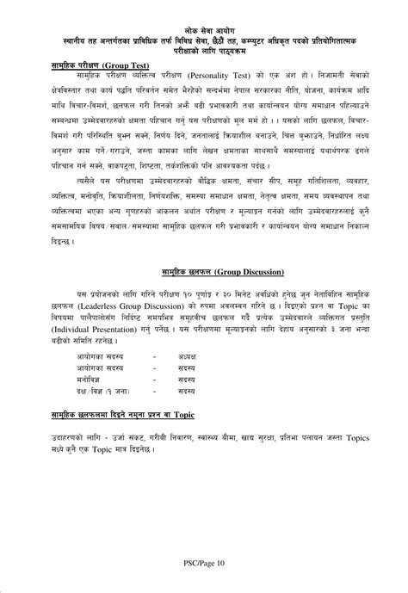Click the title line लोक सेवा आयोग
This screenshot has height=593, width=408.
(204, 29)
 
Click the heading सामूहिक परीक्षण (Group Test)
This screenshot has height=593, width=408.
(96, 65)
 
